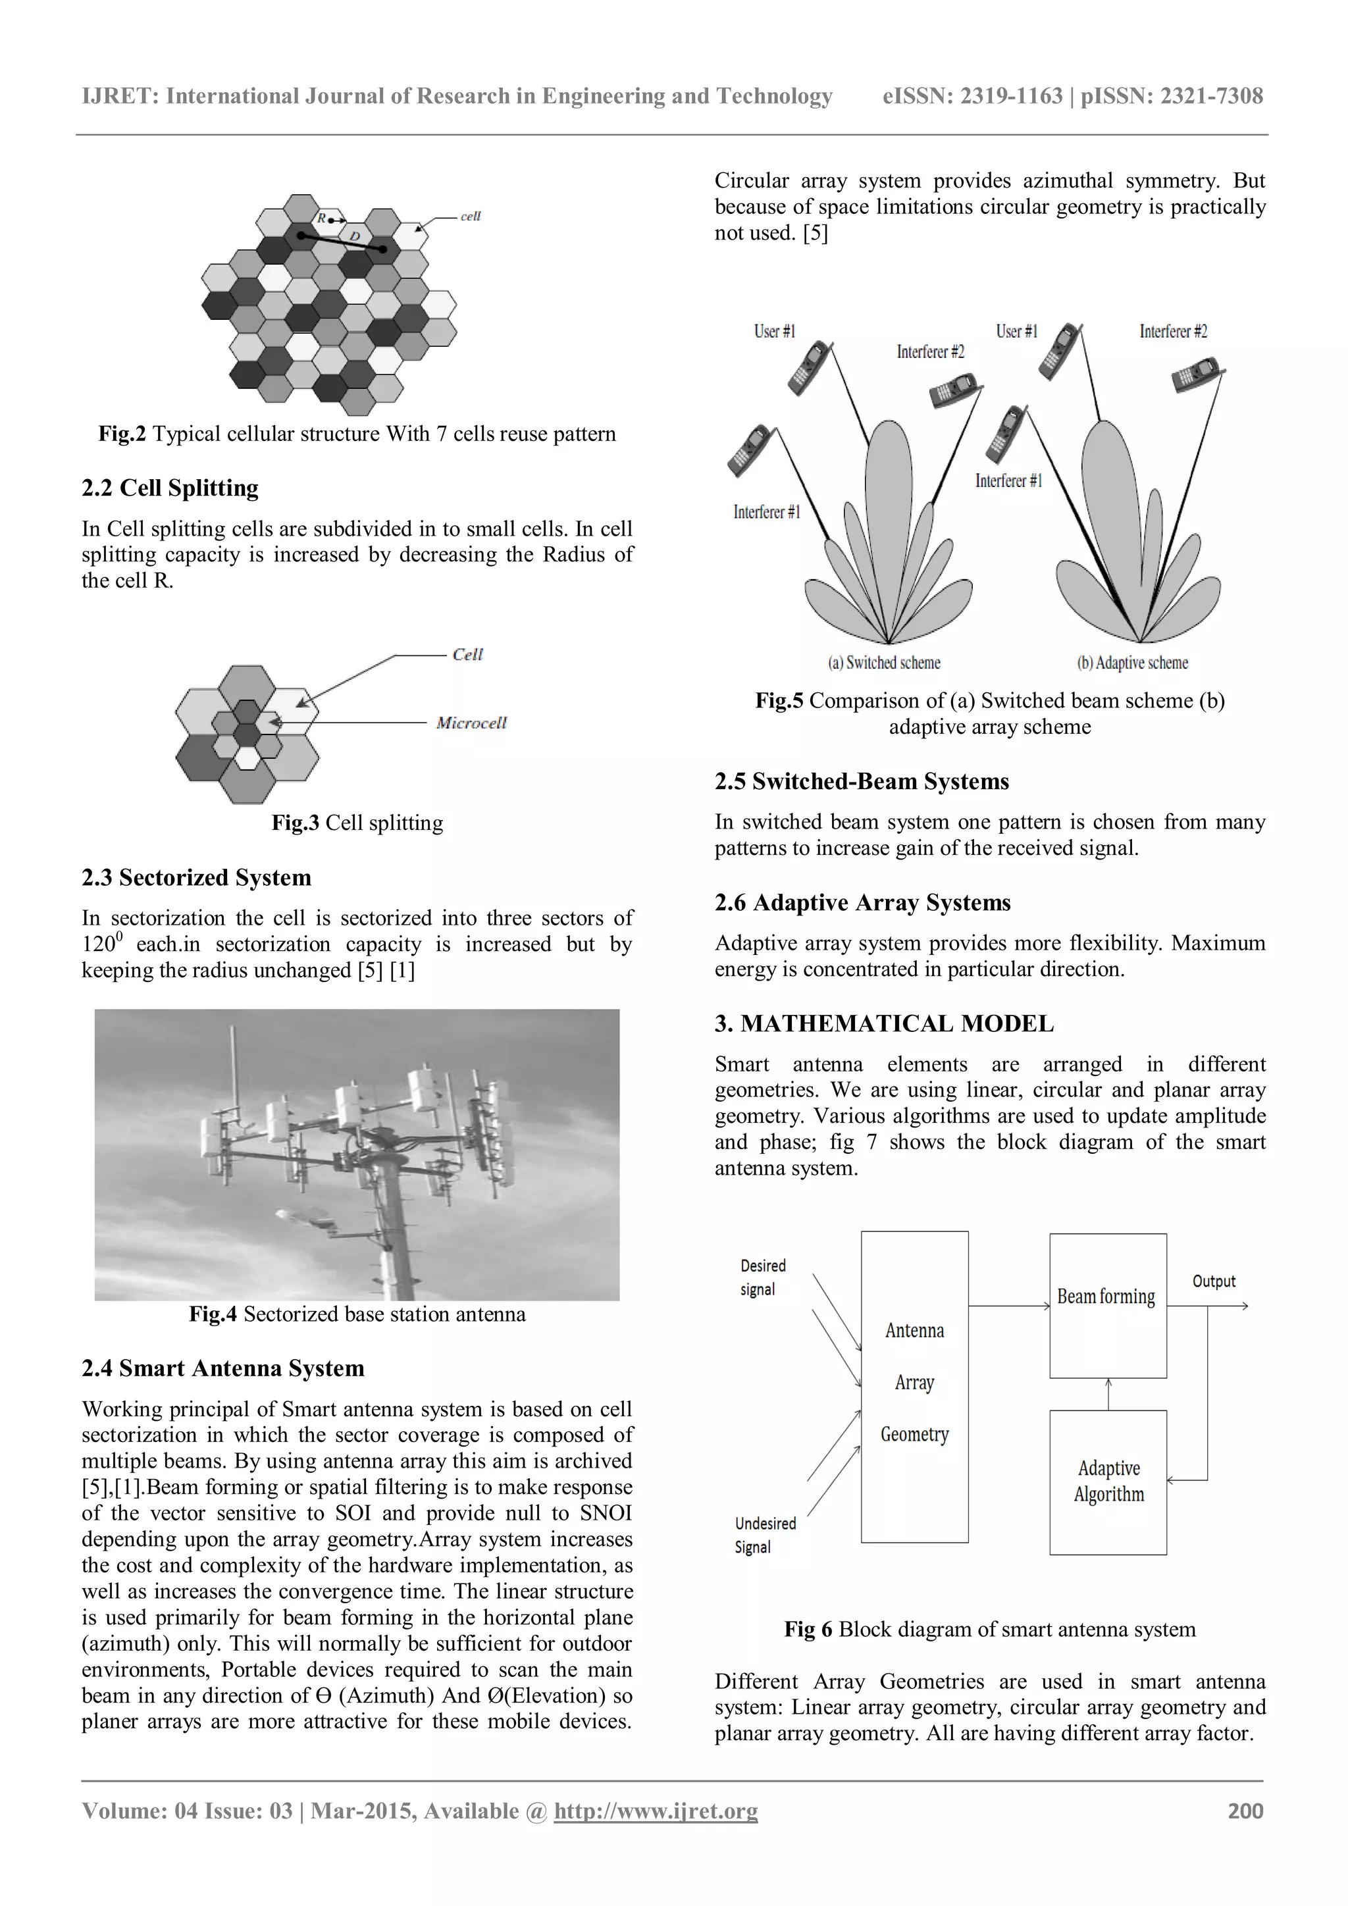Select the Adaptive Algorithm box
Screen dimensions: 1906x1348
(1107, 1481)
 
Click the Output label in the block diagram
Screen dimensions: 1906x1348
(1214, 1281)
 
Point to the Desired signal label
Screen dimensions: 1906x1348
(762, 1277)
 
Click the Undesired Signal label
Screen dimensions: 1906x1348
(764, 1535)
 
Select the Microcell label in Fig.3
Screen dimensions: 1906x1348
(471, 723)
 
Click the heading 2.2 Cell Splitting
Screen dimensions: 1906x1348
(170, 488)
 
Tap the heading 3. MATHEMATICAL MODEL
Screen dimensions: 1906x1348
(884, 1023)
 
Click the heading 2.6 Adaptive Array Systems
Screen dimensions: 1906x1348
(862, 902)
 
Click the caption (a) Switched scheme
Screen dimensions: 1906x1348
(884, 663)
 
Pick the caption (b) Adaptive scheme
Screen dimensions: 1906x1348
(1132, 663)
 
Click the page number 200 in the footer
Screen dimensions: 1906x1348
(1245, 1811)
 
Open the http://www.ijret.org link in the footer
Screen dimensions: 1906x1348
(656, 1811)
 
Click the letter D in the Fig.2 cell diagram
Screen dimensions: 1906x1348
(354, 236)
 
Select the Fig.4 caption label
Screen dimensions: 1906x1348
(213, 1314)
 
